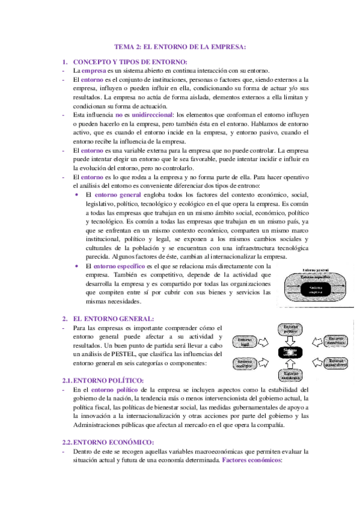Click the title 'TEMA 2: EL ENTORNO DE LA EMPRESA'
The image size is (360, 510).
(180, 48)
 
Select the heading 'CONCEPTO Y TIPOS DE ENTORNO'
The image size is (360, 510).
(130, 62)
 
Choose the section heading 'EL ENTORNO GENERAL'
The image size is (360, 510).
(113, 318)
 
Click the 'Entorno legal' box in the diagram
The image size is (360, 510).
(245, 342)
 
